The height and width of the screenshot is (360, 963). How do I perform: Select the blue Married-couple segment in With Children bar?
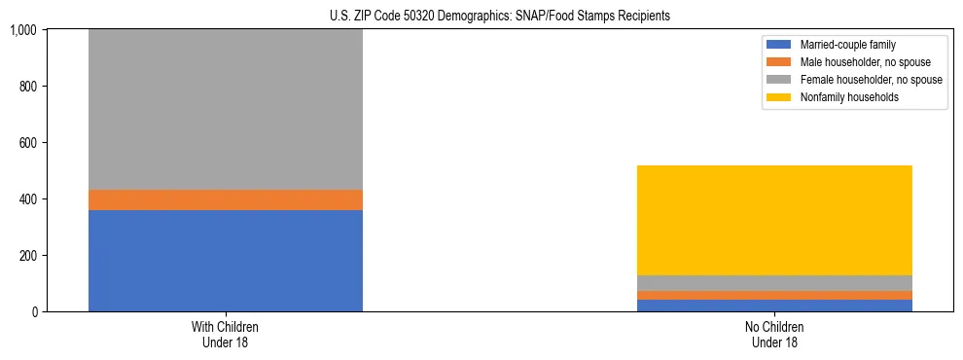click(x=226, y=261)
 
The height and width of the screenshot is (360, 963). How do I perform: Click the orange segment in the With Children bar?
click(x=226, y=199)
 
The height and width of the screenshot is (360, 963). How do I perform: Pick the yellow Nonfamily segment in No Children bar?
click(x=774, y=220)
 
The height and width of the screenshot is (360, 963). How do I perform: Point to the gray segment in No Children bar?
click(x=774, y=283)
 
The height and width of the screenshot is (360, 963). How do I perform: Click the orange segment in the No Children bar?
click(x=774, y=295)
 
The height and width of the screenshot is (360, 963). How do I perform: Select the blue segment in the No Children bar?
click(x=774, y=306)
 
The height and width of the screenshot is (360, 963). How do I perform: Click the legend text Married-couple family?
click(x=848, y=45)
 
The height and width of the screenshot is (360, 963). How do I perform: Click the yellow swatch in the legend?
click(x=779, y=97)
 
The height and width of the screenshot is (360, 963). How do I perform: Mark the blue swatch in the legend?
click(x=779, y=45)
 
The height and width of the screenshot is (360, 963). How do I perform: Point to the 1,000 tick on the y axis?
click(x=22, y=30)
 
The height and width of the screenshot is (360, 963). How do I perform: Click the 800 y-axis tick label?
click(x=27, y=87)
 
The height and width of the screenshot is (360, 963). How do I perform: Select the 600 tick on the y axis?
click(x=27, y=143)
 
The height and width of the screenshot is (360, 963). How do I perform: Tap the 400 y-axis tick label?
click(x=27, y=199)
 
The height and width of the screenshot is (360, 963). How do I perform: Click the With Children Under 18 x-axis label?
click(x=226, y=335)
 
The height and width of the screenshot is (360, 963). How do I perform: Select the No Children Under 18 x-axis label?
click(x=774, y=335)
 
